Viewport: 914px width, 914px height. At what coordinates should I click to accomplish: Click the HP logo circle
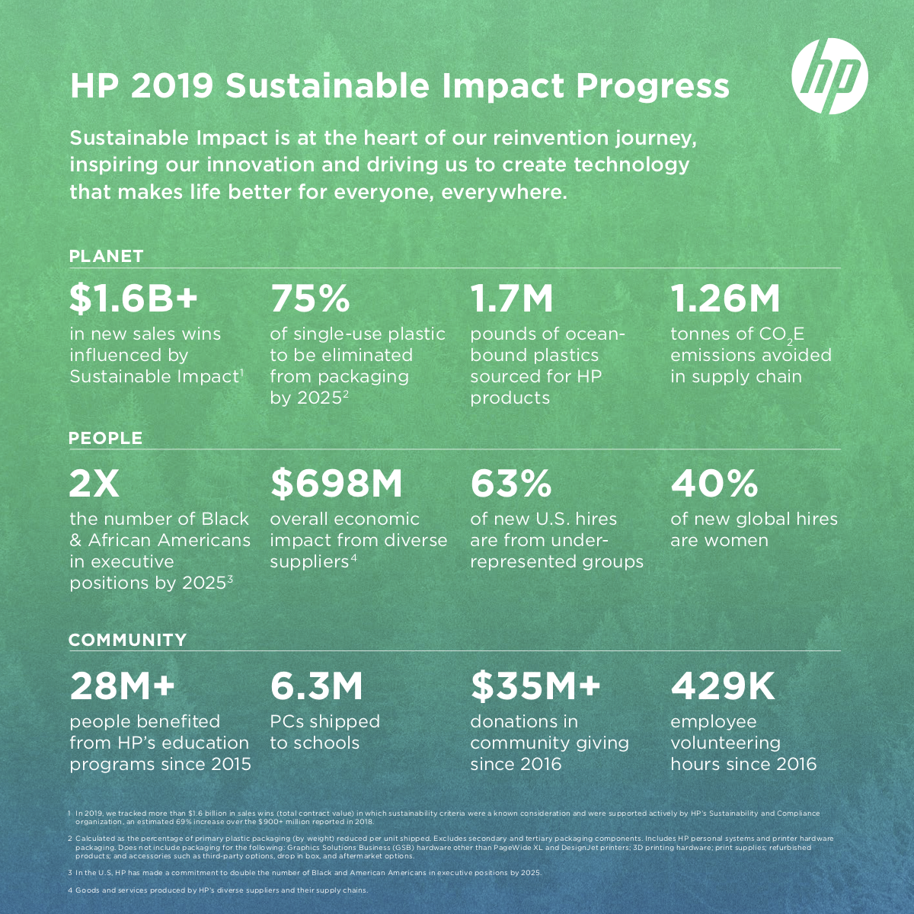point(829,76)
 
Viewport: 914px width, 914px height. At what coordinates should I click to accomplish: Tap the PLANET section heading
point(106,256)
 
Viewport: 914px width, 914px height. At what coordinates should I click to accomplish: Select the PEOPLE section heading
point(105,438)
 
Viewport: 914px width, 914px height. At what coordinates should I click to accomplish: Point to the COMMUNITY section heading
point(128,640)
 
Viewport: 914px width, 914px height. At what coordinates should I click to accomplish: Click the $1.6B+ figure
point(133,299)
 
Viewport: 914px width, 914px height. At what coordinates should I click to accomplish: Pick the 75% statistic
point(310,299)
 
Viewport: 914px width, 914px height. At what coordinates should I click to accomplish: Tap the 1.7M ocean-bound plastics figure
point(511,299)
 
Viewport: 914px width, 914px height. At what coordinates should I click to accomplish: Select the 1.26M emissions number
point(725,299)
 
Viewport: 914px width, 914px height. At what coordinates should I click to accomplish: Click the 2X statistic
point(94,484)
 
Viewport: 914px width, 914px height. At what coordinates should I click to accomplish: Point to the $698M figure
point(337,484)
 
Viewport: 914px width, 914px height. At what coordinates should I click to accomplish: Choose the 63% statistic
point(511,484)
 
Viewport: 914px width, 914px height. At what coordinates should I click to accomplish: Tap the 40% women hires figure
point(714,484)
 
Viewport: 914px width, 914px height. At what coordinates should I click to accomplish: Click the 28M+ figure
point(123,685)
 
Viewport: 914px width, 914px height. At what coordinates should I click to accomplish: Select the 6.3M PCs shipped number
point(316,685)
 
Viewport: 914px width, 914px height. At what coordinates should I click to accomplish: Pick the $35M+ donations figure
point(535,685)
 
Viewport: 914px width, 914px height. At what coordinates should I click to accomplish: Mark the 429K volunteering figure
point(722,685)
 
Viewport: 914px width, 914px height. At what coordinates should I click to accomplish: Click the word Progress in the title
point(652,87)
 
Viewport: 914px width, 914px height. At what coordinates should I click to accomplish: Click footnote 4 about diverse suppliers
point(218,890)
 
